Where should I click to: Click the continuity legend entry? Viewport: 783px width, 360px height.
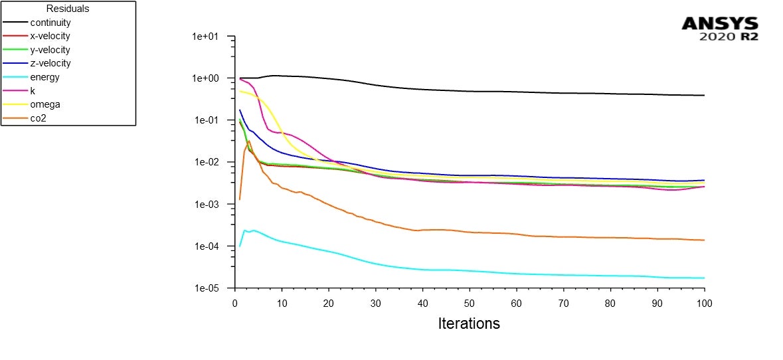point(50,23)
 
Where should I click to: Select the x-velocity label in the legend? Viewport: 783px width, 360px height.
point(50,36)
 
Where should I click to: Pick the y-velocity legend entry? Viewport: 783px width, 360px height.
point(50,50)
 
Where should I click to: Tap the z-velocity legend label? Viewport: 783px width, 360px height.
point(50,63)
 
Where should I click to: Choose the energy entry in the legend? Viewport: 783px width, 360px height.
point(44,77)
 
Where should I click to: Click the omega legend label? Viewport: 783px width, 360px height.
point(44,104)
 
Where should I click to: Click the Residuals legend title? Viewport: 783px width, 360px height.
point(68,9)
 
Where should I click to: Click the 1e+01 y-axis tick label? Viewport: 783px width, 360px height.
point(210,37)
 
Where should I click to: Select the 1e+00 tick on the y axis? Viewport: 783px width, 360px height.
point(210,78)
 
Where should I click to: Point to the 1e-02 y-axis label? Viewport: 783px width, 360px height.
point(210,163)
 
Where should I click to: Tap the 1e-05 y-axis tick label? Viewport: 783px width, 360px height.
point(210,289)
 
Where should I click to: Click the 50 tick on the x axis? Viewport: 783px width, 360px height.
point(470,303)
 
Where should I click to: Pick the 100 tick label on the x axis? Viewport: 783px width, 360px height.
point(704,303)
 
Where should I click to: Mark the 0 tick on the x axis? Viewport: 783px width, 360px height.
point(235,303)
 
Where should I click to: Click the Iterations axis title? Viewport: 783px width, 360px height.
point(469,324)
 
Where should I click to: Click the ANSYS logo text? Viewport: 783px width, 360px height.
point(720,24)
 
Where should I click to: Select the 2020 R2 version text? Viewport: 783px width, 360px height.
point(729,37)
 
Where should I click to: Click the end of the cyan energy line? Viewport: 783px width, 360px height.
point(704,278)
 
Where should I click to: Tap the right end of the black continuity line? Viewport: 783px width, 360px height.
point(704,96)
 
